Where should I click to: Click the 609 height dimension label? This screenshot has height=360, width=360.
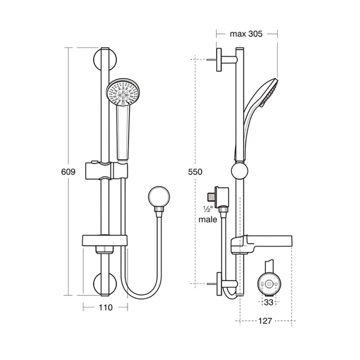click(68, 172)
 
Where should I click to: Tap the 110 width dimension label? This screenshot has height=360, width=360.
click(105, 307)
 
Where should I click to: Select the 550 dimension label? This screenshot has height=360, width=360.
click(195, 172)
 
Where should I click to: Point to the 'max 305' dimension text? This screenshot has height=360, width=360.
click(246, 34)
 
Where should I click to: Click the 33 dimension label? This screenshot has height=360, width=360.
click(269, 302)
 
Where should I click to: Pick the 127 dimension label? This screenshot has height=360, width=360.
click(265, 321)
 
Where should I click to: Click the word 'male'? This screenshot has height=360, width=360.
click(208, 220)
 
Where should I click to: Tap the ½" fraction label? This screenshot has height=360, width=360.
click(208, 210)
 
